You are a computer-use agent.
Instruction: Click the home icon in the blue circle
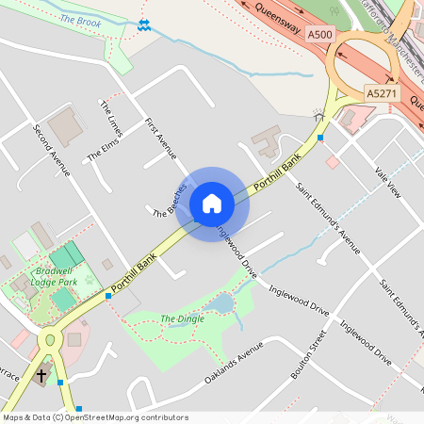tap(212, 204)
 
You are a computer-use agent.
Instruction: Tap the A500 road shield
tap(320, 35)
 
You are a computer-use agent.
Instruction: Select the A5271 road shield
tap(382, 93)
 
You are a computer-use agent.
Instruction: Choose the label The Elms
tap(102, 147)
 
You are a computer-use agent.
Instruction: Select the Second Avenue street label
tap(52, 151)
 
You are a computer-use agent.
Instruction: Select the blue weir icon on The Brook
tap(143, 24)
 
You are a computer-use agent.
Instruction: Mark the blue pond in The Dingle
tap(220, 303)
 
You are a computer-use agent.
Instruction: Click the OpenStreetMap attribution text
tap(94, 416)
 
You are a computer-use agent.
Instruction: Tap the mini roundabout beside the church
tap(49, 339)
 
